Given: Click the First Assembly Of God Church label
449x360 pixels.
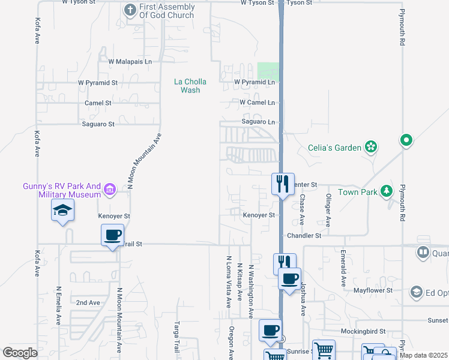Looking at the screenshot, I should pos(167,11).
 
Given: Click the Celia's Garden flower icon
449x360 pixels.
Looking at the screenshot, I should pos(372,146).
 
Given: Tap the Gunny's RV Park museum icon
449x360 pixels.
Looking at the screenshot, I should pos(109,190).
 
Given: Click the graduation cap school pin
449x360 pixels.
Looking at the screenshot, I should pos(62,211).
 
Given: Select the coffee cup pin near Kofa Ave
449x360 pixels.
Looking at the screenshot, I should pos(112,235).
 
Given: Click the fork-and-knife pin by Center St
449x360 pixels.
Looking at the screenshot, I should pos(283,182).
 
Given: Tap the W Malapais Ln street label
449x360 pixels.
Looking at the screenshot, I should pos(130,61).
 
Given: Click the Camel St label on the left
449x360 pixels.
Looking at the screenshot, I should pos(98,103).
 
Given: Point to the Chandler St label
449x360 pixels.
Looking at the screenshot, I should pos(304,236).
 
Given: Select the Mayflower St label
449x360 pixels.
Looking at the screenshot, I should pos(372,290).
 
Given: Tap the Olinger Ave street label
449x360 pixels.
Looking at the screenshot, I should pos(328,209).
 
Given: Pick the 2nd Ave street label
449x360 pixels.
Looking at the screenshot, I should pos(88,303).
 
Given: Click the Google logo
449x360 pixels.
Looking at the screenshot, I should pos(20,353).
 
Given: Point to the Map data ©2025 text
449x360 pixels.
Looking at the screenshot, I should pos(423,355).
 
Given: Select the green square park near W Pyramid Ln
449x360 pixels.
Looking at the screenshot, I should pos(268,70).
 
